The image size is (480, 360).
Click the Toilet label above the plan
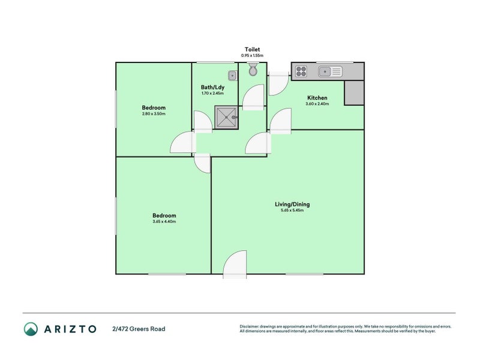point(252,49)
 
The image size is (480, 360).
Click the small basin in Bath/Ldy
point(232,75)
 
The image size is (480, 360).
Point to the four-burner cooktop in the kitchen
point(301,72)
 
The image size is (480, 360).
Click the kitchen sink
point(329,72)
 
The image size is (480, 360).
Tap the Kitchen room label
point(317,98)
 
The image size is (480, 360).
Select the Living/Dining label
point(292,204)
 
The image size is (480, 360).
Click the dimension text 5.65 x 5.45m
point(292,211)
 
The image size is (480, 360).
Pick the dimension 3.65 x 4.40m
point(164,221)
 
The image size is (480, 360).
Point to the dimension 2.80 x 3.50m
point(154,114)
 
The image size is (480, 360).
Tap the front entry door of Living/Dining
point(235,265)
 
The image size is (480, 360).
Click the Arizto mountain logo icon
point(31,329)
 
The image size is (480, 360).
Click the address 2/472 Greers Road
point(139,329)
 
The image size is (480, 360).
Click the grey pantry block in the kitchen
point(353,93)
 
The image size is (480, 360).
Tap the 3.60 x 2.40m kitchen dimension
point(317,104)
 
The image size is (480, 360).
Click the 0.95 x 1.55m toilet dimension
point(252,55)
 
